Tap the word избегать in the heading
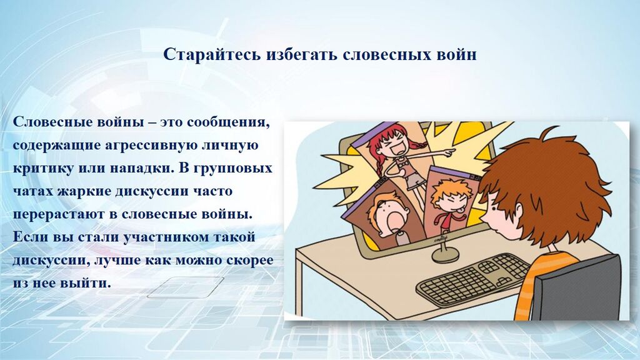pos(302,54)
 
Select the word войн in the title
pos(456,55)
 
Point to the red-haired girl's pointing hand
pos(449,152)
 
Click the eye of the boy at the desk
pos(493,208)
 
